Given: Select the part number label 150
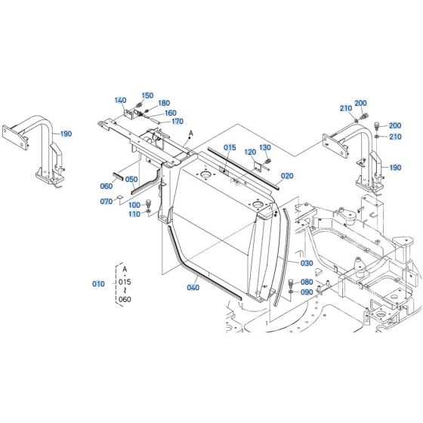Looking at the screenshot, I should click(147, 96).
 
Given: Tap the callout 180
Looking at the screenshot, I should click(164, 103).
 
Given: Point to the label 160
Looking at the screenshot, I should click(170, 113).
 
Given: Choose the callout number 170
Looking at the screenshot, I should click(178, 121).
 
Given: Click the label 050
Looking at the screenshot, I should click(131, 180).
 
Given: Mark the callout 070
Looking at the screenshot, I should click(107, 202).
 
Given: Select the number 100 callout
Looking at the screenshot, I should click(134, 205).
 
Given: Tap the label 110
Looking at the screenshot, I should click(134, 214).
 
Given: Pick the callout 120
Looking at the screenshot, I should click(250, 152).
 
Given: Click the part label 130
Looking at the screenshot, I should click(265, 147).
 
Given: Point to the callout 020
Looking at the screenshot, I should click(287, 176).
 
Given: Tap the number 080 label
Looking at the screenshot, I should click(306, 282).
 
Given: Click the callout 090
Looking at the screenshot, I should click(306, 292).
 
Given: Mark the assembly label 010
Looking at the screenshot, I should click(98, 284).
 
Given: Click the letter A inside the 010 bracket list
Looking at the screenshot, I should click(125, 268).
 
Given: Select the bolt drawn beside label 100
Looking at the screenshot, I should click(148, 202).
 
